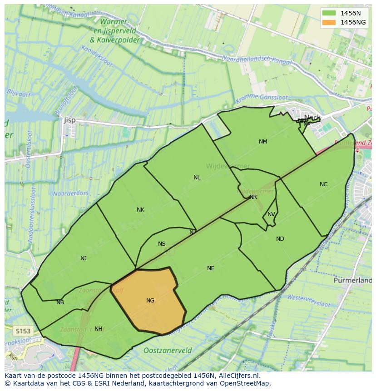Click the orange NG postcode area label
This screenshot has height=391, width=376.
pos(150,301)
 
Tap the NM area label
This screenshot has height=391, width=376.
pos(263,142)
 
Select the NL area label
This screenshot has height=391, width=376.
pos(197,178)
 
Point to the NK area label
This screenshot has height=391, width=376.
pos(140,210)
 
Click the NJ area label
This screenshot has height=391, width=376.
pos(84,258)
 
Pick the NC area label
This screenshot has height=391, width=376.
pos(323,184)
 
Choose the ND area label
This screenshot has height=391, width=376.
pos(280,239)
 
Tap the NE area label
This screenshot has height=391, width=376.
pos(211,268)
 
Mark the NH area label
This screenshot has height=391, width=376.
pos(98,329)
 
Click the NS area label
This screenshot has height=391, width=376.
pos(162,244)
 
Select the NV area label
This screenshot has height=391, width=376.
pos(271,214)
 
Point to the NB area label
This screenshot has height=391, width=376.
pos(60,302)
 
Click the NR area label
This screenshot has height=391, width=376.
pos(253,197)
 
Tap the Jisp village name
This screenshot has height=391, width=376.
pos(69,120)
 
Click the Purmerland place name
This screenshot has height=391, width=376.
pos(352,281)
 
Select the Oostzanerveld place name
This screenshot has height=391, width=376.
pos(168,351)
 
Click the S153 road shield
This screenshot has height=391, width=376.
pos(22,331)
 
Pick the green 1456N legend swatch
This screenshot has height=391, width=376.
pos(329,13)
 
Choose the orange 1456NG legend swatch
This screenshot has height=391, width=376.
pos(329,22)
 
